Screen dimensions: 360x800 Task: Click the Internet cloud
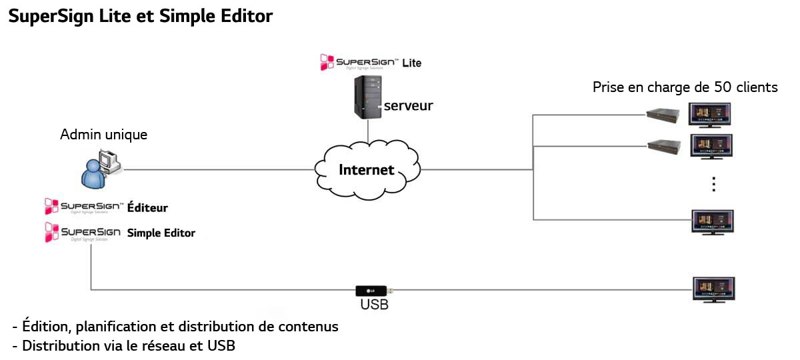click(366, 169)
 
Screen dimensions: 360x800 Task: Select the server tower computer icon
click(367, 97)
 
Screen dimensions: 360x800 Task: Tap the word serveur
click(408, 105)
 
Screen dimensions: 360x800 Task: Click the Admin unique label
click(104, 135)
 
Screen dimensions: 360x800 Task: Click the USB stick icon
click(373, 291)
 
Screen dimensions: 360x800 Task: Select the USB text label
click(374, 305)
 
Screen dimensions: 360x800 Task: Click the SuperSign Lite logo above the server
click(370, 63)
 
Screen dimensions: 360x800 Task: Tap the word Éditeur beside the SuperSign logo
click(147, 208)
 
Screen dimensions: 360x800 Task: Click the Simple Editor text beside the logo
click(161, 233)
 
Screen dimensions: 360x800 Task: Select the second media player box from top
click(664, 144)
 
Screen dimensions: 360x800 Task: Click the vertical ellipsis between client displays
click(713, 184)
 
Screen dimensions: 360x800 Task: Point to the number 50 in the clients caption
click(702, 87)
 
